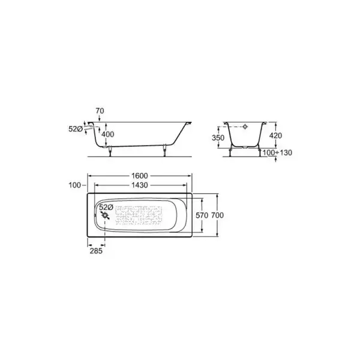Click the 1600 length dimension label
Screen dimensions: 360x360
tap(140, 176)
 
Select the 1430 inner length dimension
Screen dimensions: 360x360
tap(140, 185)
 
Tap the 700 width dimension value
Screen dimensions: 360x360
tap(217, 215)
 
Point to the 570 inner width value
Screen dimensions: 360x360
tap(202, 215)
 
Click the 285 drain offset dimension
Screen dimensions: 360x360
tap(96, 251)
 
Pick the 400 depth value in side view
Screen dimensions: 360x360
tap(107, 134)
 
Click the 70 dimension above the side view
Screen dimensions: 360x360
tap(100, 111)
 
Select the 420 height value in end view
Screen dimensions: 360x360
tap(275, 136)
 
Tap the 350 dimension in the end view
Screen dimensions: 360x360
tap(218, 138)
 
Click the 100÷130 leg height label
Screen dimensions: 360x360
tap(277, 152)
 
